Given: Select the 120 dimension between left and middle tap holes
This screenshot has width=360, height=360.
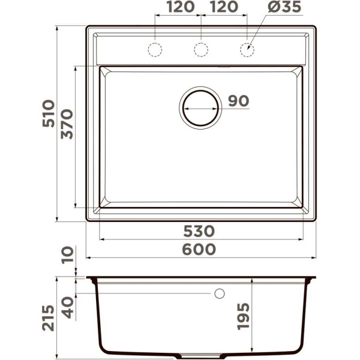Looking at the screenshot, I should (x=178, y=8).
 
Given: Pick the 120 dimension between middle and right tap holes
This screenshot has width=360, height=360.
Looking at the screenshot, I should (x=223, y=8).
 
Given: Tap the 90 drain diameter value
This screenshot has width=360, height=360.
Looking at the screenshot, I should (x=238, y=101).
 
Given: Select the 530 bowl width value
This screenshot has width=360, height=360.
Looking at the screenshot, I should (x=199, y=231).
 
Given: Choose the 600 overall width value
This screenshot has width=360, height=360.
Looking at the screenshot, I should (x=199, y=249).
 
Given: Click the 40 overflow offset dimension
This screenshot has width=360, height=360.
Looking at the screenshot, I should (x=67, y=308).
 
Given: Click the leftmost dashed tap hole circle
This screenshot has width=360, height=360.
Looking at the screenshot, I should (x=155, y=49).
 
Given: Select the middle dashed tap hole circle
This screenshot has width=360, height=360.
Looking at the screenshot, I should (x=201, y=49).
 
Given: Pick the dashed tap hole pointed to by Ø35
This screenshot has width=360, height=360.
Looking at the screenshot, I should (x=247, y=49).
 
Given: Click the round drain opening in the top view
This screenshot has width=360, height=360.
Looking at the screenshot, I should (x=201, y=108).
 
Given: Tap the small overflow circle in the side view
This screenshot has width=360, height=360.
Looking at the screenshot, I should (x=219, y=293).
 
